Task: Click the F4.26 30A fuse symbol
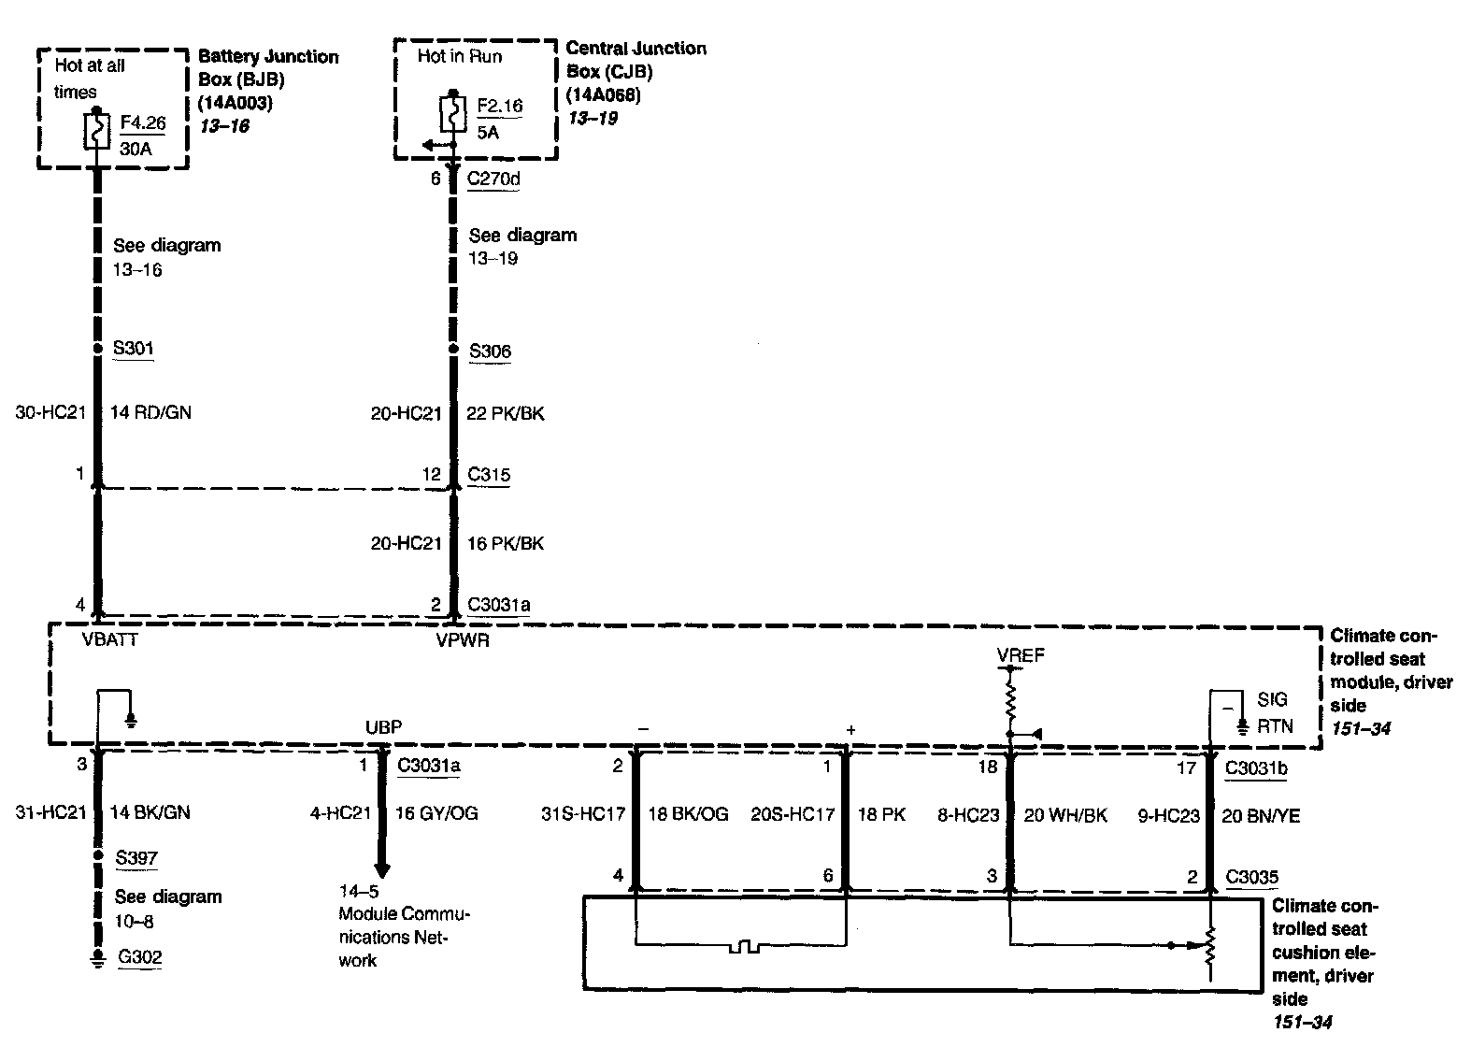coord(96,130)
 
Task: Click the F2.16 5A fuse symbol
coord(452,114)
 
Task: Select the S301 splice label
coord(133,349)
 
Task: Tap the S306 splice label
coord(490,351)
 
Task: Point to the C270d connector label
coord(493,178)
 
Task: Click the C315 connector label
coord(489,475)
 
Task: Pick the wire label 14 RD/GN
coord(150,412)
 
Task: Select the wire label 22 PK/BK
coord(505,413)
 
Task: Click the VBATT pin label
coord(109,640)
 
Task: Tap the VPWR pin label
coord(462,641)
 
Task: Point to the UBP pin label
coord(383,727)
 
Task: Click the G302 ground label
coord(139,957)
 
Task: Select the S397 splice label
coord(136,858)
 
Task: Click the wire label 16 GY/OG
coord(436,814)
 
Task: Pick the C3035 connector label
coord(1251,877)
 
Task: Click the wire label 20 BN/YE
coord(1261,816)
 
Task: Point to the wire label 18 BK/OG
coord(688,814)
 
